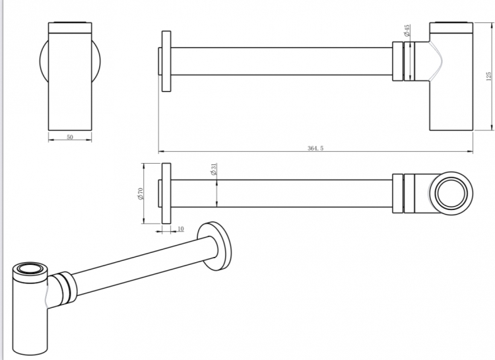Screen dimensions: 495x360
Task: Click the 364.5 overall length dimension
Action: [315, 148]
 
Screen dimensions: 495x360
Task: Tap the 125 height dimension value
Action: [488, 76]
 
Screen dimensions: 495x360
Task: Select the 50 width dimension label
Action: [70, 137]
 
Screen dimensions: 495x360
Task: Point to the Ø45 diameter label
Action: [407, 30]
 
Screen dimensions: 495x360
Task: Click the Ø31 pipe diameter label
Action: [213, 169]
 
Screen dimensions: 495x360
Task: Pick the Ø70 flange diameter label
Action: [140, 194]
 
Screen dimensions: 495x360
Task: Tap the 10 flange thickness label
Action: [181, 229]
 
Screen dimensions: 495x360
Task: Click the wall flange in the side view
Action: [166, 61]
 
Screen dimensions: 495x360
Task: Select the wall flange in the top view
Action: [166, 194]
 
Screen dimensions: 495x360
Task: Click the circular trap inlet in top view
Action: [451, 194]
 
